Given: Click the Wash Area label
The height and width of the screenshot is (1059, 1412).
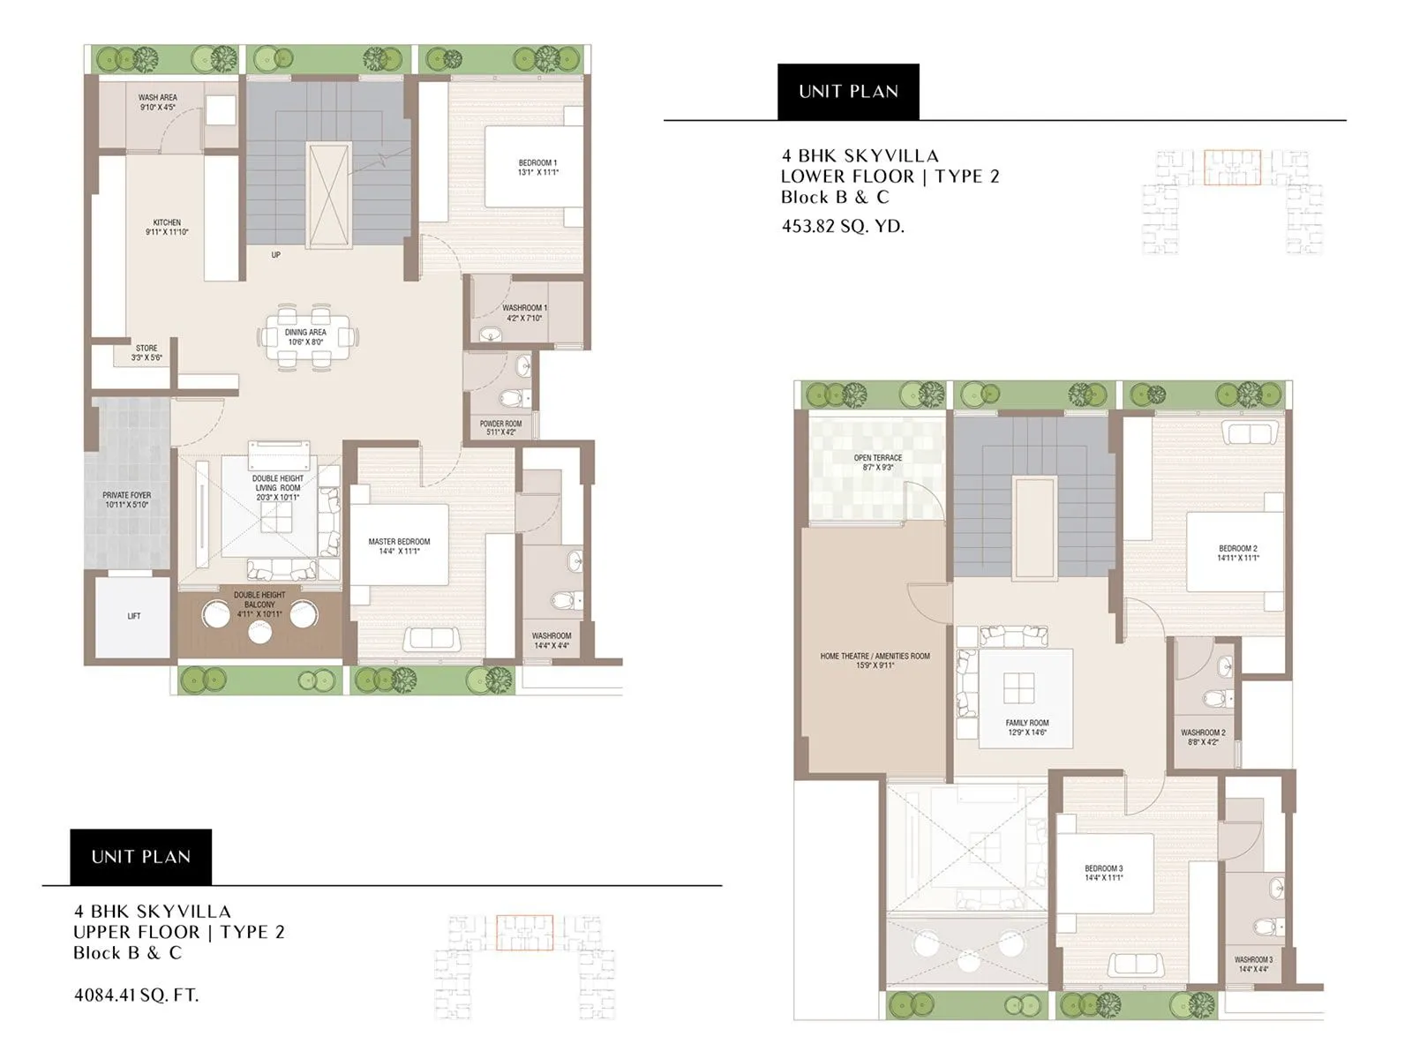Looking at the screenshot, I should click(158, 98).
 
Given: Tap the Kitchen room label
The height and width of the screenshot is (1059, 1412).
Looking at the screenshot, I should click(167, 223).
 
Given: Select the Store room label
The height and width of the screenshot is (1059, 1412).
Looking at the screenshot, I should click(146, 349).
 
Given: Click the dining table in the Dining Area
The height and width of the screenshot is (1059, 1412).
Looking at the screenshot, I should click(306, 336).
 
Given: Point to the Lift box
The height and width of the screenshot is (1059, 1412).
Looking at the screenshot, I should click(133, 616).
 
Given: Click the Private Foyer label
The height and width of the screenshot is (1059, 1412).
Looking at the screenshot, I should click(127, 496).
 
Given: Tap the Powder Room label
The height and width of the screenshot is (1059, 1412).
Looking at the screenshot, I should click(500, 424).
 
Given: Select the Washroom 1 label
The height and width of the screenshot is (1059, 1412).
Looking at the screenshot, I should click(524, 309).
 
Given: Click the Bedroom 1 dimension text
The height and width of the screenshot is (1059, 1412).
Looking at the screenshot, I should click(537, 173).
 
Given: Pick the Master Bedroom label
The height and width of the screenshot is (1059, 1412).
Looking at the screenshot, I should click(399, 542).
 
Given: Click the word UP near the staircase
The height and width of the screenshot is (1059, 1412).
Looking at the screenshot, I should click(276, 255).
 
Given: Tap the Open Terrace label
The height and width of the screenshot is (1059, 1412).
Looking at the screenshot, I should click(878, 458).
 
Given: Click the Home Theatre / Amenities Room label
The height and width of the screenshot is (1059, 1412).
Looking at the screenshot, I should click(875, 657).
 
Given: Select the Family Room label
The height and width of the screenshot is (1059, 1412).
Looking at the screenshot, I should click(1027, 724).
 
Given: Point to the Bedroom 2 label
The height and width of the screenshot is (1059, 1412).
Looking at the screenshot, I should click(1237, 549).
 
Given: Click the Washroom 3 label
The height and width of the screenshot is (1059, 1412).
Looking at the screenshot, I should click(1253, 960).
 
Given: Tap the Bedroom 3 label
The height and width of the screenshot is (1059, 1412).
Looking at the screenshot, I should click(1104, 869).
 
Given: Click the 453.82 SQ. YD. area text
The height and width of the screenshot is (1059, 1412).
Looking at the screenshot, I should click(843, 226).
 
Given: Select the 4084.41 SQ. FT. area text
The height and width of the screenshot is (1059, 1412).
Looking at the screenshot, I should click(137, 995).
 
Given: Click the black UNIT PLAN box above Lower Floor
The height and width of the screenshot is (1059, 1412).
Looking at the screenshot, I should click(848, 92).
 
